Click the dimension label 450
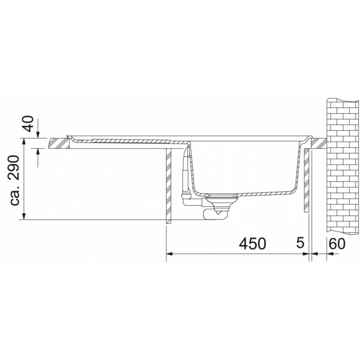coord(253,244)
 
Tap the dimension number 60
coord(337,244)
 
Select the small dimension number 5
coord(300,243)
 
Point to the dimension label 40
coord(29,124)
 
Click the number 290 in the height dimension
coord(15,167)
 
